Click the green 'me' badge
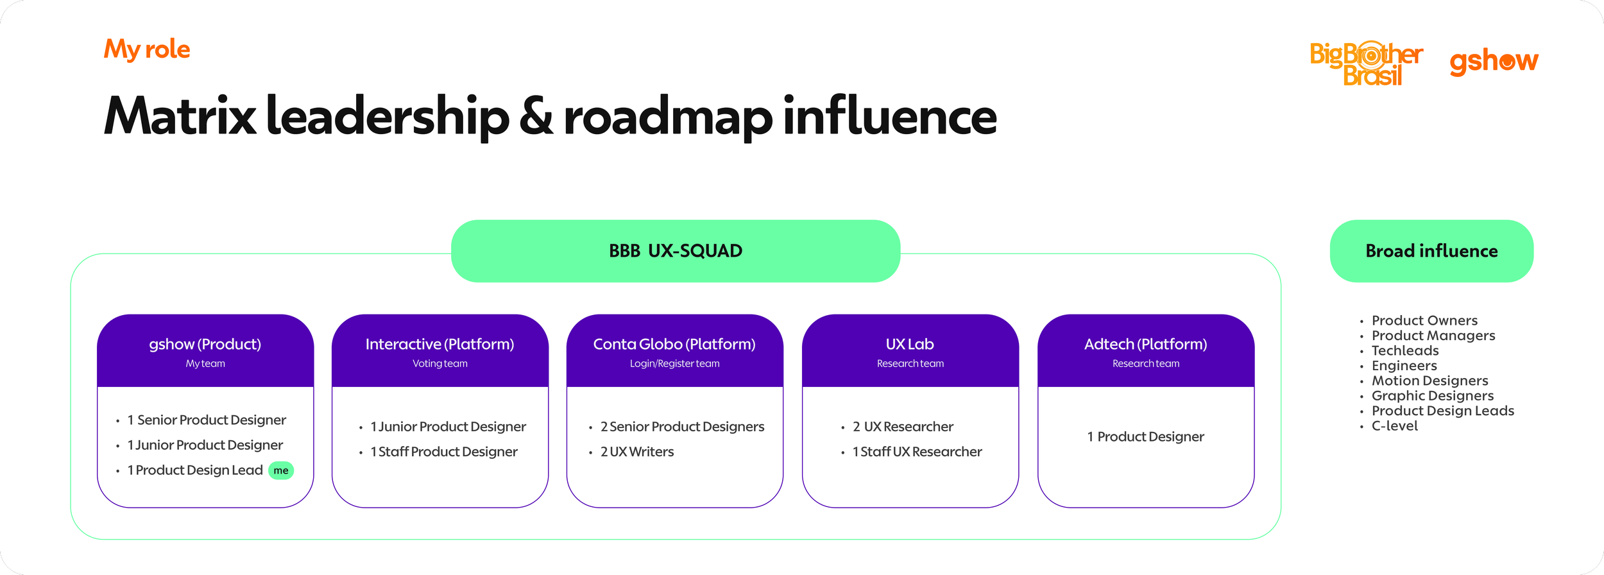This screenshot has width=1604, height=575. (281, 470)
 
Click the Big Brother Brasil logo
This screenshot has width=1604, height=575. (1366, 63)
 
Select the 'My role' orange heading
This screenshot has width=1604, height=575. (147, 49)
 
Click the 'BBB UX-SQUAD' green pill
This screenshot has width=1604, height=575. (676, 251)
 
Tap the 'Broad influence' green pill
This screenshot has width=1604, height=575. (1431, 251)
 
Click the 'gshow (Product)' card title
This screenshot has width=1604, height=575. (205, 345)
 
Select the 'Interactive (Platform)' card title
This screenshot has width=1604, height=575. (440, 345)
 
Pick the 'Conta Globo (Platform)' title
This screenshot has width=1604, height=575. (674, 345)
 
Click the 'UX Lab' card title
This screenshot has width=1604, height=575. (910, 345)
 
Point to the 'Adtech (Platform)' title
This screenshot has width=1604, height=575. (1146, 345)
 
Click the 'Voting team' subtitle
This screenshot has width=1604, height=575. (440, 364)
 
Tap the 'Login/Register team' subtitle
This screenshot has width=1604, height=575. (674, 364)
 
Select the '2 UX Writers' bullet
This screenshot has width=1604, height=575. (636, 452)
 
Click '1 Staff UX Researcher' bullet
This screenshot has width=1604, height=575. (917, 452)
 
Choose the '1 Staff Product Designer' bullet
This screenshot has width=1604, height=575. (444, 452)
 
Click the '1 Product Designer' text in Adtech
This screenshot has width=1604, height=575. (1146, 437)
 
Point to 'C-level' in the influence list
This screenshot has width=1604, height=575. (1394, 426)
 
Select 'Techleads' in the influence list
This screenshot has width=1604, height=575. (1405, 351)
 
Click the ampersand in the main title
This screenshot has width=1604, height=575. (536, 117)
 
